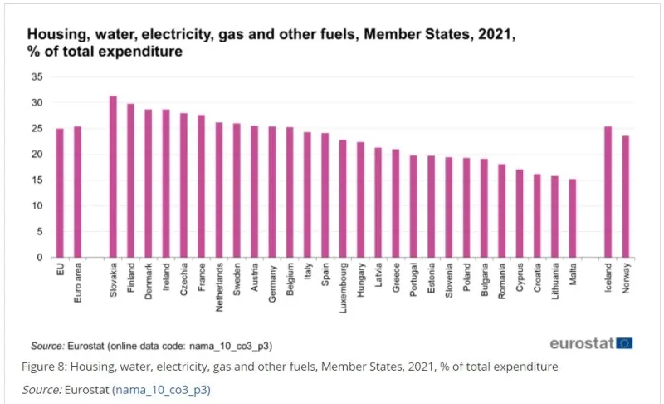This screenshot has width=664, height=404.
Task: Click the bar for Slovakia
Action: click(113, 176)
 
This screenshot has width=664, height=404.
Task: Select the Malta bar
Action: click(573, 218)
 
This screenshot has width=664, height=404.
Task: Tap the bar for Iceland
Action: click(608, 192)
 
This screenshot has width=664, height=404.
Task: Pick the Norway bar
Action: click(626, 196)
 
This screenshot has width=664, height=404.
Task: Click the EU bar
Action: click(60, 193)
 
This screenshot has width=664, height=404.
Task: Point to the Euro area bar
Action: click(77, 192)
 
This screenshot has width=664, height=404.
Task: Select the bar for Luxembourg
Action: click(343, 199)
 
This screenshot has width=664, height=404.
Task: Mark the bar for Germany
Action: click(272, 192)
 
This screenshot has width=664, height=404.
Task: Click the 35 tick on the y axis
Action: click(37, 76)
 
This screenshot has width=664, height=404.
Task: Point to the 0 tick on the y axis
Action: click(40, 258)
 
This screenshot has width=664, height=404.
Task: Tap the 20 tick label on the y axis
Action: click(37, 155)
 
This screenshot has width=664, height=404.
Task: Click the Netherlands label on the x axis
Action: click(219, 288)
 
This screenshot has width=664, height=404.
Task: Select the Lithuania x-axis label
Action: click(555, 282)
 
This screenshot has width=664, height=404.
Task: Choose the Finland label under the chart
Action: click(131, 278)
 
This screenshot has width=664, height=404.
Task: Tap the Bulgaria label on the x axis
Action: click(485, 280)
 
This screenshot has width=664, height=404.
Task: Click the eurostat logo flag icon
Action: click(624, 343)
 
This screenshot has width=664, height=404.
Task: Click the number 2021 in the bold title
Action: click(495, 34)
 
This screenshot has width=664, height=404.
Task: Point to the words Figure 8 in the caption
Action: click(44, 367)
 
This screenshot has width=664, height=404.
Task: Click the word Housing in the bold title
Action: click(57, 35)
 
